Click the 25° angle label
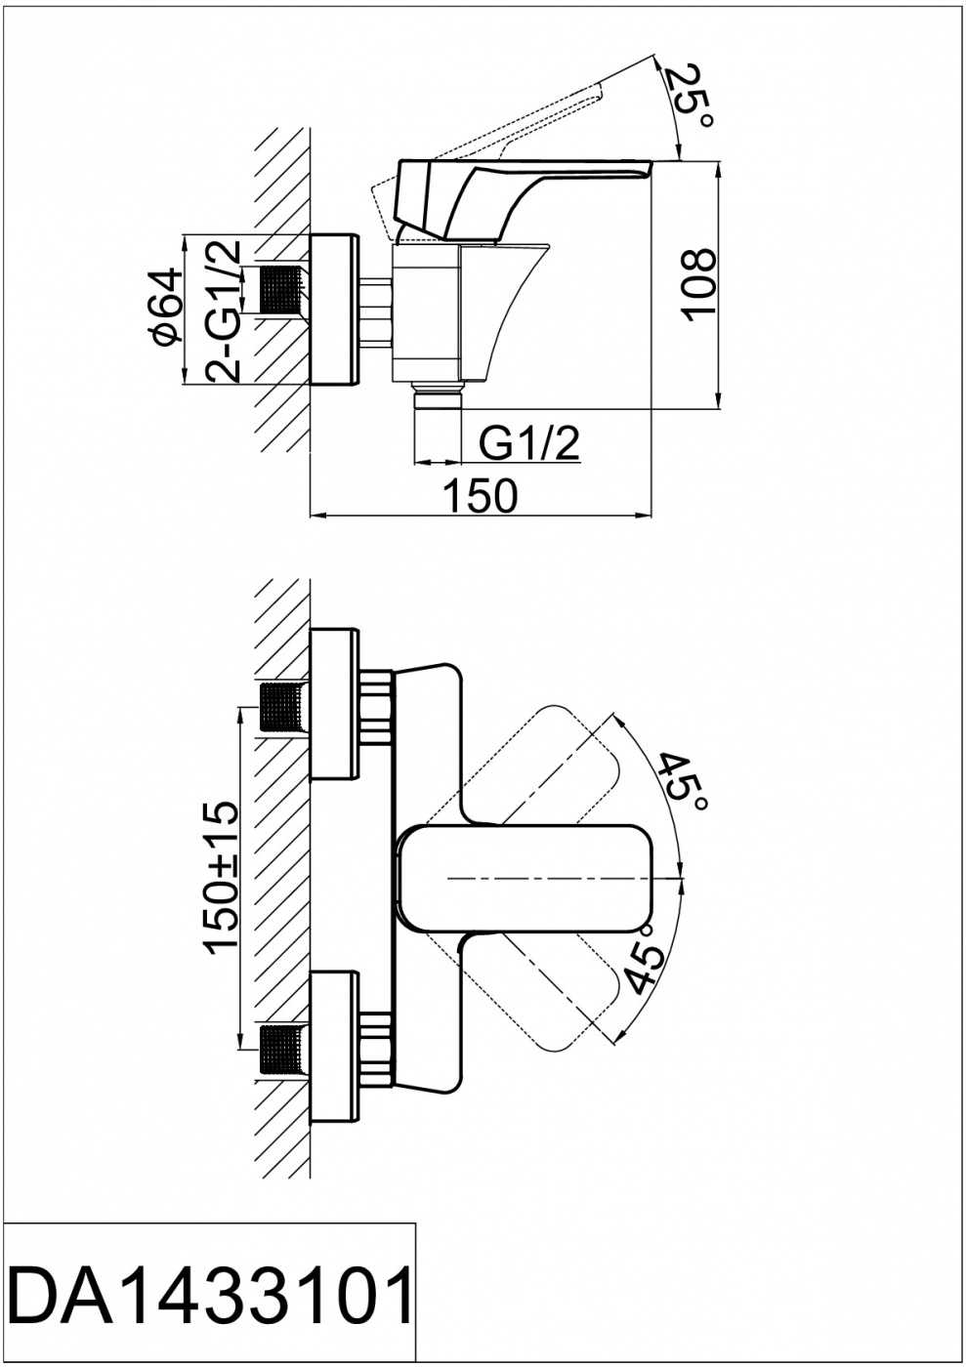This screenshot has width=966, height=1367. click(x=689, y=94)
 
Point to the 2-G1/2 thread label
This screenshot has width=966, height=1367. click(x=221, y=311)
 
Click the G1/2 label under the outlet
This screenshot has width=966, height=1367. click(x=528, y=443)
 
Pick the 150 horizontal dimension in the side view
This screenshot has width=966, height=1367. click(x=480, y=495)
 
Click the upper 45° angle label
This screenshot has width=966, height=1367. click(x=684, y=783)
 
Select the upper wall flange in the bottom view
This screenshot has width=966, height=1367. click(x=334, y=704)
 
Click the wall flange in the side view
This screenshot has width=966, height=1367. click(x=334, y=309)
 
